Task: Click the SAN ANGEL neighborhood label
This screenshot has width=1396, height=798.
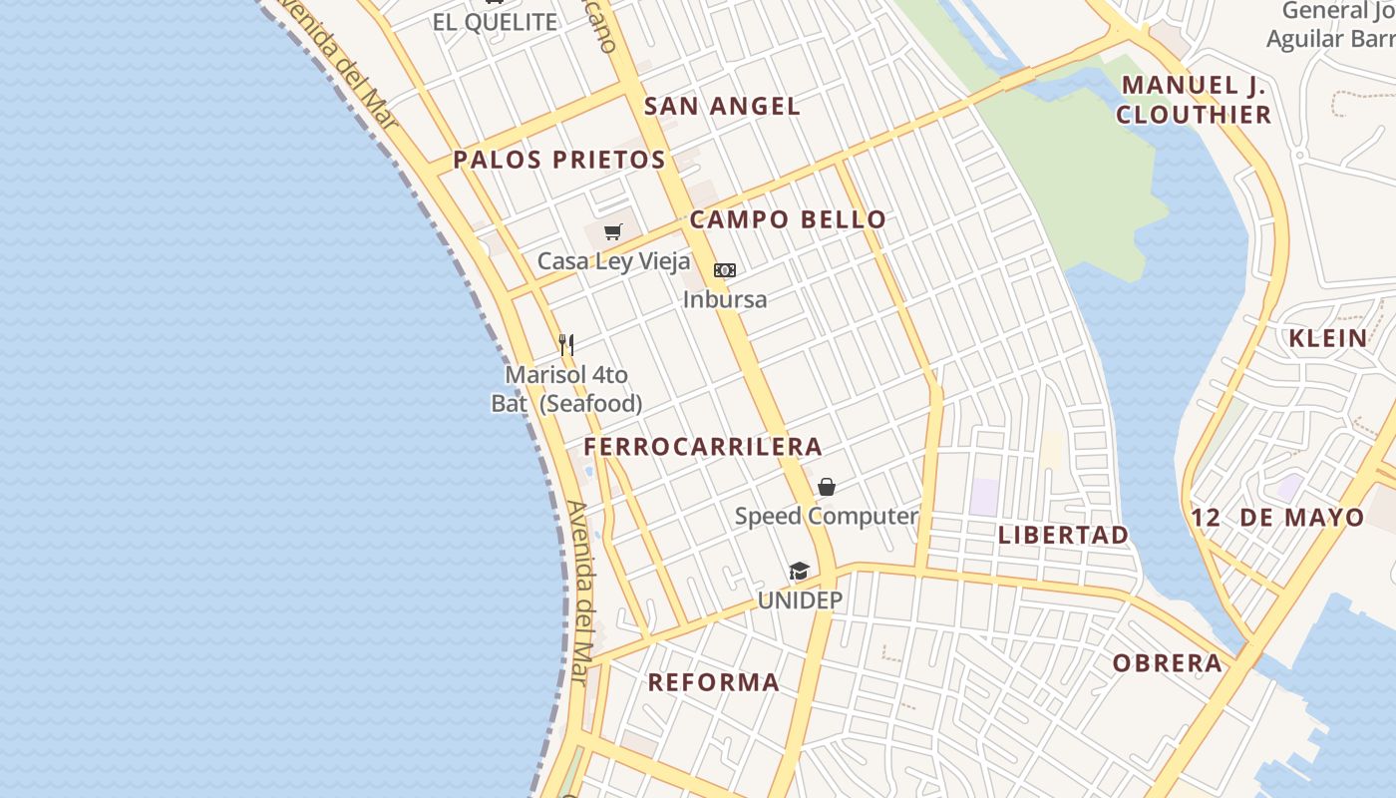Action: pyautogui.click(x=722, y=106)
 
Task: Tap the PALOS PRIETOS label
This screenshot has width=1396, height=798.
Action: pyautogui.click(x=559, y=160)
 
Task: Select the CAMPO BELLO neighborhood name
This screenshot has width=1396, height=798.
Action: pyautogui.click(x=788, y=219)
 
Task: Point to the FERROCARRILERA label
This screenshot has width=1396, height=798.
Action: pyautogui.click(x=703, y=447)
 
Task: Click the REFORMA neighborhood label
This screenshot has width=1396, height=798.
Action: pyautogui.click(x=714, y=682)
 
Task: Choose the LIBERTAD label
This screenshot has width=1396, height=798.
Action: pyautogui.click(x=1063, y=535)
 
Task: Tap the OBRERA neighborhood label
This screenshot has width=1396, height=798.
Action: pyautogui.click(x=1167, y=663)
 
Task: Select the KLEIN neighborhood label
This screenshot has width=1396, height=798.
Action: pyautogui.click(x=1328, y=338)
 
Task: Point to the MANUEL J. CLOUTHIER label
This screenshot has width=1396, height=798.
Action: pyautogui.click(x=1194, y=100)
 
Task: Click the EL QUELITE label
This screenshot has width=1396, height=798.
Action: pyautogui.click(x=495, y=22)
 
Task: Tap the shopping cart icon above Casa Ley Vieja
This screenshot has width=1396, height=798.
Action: pyautogui.click(x=612, y=232)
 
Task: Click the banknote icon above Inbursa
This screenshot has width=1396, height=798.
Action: pyautogui.click(x=725, y=270)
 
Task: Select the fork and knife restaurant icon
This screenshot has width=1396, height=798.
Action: pyautogui.click(x=566, y=345)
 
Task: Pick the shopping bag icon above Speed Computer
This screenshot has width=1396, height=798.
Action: pyautogui.click(x=827, y=487)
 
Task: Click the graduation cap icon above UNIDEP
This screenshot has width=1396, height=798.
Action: pyautogui.click(x=799, y=571)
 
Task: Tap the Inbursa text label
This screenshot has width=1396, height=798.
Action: pyautogui.click(x=725, y=299)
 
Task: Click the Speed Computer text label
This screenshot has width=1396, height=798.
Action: pyautogui.click(x=827, y=517)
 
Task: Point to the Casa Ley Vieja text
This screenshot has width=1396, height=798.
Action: pyautogui.click(x=613, y=261)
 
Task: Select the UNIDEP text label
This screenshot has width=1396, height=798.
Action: pyautogui.click(x=800, y=600)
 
